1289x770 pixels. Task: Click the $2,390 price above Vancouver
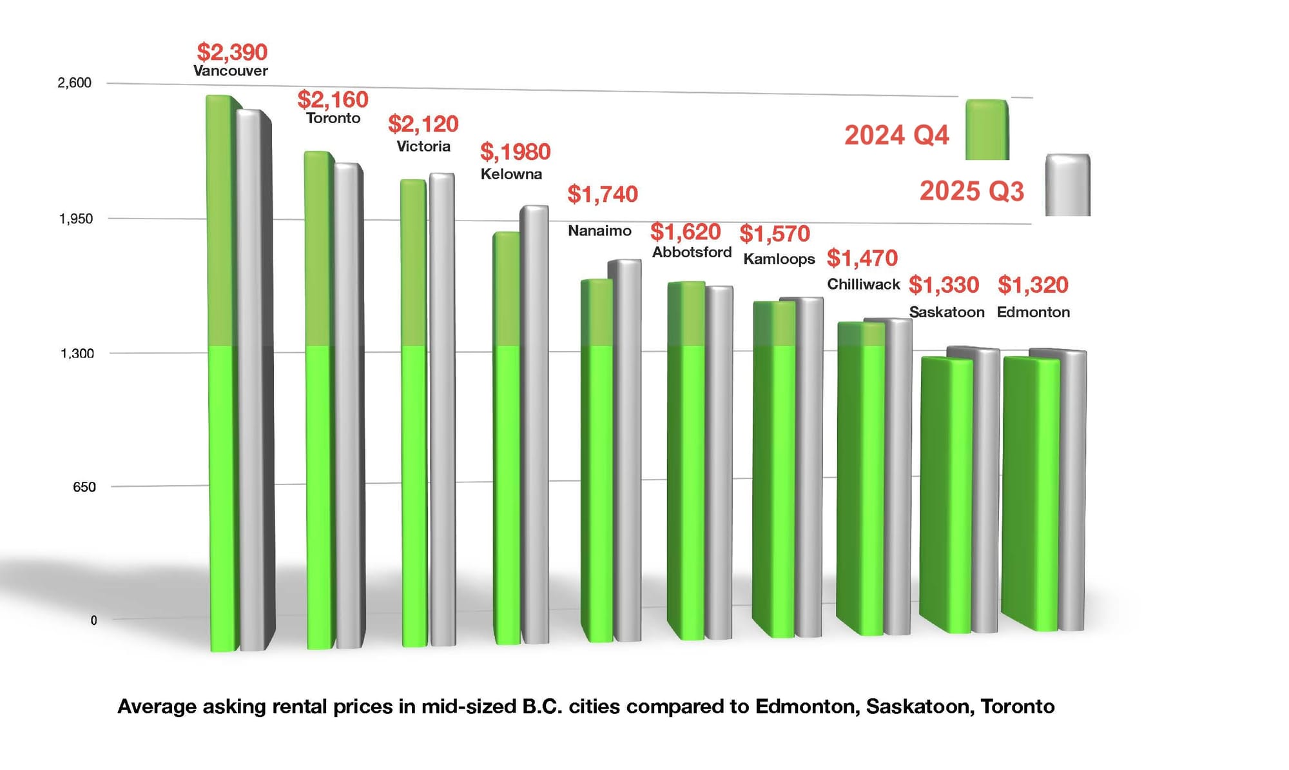232,52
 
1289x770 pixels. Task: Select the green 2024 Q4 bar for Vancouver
221,374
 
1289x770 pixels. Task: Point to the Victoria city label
423,146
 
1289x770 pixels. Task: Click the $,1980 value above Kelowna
515,152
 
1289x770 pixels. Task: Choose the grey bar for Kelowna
535,426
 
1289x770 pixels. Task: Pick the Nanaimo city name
599,231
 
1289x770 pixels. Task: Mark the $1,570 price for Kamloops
774,233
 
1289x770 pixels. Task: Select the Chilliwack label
863,284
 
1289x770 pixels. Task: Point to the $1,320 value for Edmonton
1032,285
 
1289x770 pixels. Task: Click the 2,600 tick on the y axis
75,83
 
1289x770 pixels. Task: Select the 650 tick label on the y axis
84,488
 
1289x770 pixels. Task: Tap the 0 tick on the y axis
93,621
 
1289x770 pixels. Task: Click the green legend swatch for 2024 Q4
986,130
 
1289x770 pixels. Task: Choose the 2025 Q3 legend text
971,192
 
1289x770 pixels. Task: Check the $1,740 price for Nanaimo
602,194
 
